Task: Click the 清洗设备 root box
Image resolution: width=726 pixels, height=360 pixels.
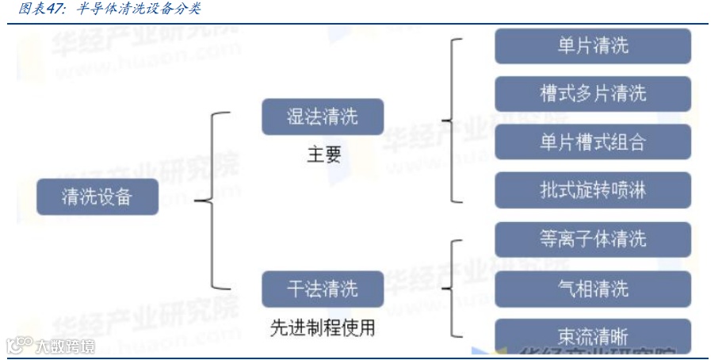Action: click(x=97, y=197)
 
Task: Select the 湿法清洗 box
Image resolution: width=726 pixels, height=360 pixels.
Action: click(x=323, y=117)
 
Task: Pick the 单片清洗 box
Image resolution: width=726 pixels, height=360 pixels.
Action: click(x=593, y=46)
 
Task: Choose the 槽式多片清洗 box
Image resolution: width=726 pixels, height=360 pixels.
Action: click(x=593, y=94)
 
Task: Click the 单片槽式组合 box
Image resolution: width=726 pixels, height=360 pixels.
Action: click(x=593, y=142)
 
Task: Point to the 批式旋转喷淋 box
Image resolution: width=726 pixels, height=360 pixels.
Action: click(x=593, y=190)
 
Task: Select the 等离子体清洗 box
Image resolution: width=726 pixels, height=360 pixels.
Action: click(x=593, y=239)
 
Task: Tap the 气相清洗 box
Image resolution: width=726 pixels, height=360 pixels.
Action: click(x=593, y=288)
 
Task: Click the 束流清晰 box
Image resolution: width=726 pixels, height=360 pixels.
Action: click(x=593, y=336)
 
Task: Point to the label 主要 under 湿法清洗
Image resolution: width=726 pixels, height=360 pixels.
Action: click(x=324, y=155)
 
